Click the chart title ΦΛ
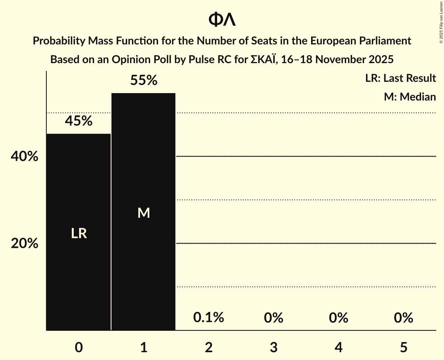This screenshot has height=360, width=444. pyautogui.click(x=222, y=19)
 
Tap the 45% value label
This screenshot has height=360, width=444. pyautogui.click(x=79, y=121)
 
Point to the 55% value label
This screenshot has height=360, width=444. pyautogui.click(x=143, y=81)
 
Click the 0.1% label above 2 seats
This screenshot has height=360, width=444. pyautogui.click(x=209, y=318)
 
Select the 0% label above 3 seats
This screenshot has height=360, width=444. pyautogui.click(x=273, y=318)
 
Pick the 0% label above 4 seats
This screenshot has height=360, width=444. pyautogui.click(x=338, y=318)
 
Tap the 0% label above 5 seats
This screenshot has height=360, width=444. pyautogui.click(x=403, y=318)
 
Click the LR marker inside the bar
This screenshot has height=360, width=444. pyautogui.click(x=79, y=233)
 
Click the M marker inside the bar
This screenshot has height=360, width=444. pyautogui.click(x=143, y=213)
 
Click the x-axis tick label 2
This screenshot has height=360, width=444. pyautogui.click(x=209, y=347)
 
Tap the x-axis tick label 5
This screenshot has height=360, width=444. pyautogui.click(x=403, y=347)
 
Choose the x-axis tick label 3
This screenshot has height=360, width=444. pyautogui.click(x=273, y=347)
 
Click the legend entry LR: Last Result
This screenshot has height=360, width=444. pyautogui.click(x=400, y=78)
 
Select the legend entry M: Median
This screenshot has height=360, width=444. pyautogui.click(x=410, y=97)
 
